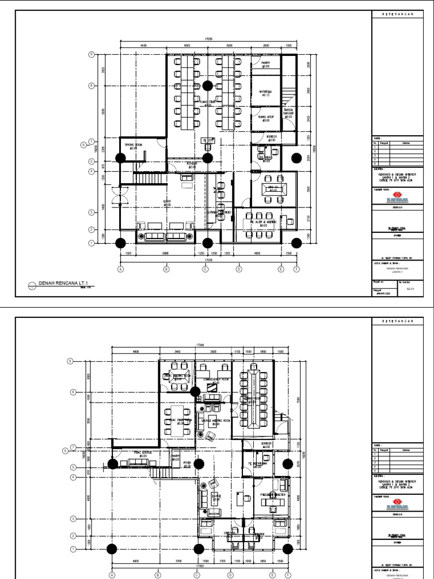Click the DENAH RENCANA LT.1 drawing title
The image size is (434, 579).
63,284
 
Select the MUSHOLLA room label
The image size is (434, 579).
266,92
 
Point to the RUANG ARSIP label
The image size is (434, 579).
266,118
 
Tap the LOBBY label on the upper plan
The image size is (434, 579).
167,202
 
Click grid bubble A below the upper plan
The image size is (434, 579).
120,270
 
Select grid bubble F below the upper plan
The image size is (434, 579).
297,270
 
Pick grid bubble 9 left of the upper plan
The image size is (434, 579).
90,55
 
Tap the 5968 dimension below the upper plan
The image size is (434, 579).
166,254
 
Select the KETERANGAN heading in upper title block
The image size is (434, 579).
398,14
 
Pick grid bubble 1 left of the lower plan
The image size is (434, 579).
72,549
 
